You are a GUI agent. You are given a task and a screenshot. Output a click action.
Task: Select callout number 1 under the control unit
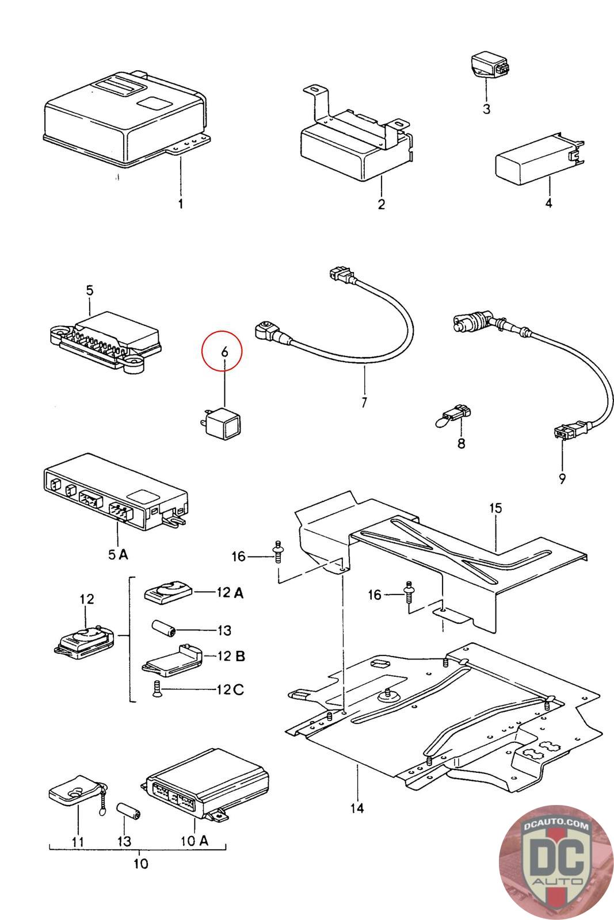click(x=180, y=204)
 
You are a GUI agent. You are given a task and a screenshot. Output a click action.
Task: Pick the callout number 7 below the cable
click(x=364, y=402)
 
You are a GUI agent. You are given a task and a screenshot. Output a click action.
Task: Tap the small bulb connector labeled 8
click(x=456, y=414)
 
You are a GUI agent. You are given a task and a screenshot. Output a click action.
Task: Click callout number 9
click(x=562, y=478)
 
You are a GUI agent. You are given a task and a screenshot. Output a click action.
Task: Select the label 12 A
click(x=230, y=593)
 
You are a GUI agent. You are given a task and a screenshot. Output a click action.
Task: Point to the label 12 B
click(x=231, y=656)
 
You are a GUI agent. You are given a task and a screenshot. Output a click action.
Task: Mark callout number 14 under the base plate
click(x=357, y=808)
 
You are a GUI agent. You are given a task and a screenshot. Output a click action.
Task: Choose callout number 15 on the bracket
click(x=495, y=508)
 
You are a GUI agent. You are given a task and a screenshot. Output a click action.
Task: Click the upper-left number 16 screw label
click(x=238, y=557)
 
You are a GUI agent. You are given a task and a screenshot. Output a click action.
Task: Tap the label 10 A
click(x=195, y=841)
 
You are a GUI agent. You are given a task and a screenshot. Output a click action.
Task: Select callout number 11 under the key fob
click(x=78, y=841)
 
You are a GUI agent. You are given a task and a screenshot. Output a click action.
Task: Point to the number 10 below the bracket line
click(x=140, y=863)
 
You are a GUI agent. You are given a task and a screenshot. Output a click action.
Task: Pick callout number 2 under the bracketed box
click(x=381, y=204)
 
